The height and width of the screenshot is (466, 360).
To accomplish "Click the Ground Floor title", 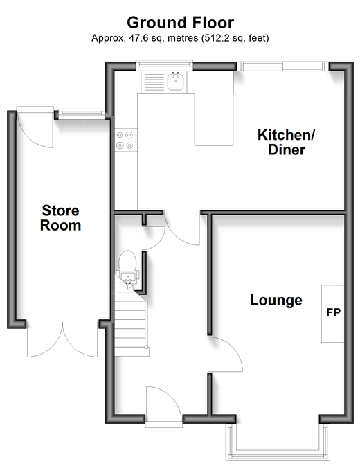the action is (x=180, y=23).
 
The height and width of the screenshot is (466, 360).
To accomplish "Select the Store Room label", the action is (x=61, y=218).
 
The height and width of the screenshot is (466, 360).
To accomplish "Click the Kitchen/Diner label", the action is (x=287, y=142).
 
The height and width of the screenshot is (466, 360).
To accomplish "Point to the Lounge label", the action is (x=276, y=301).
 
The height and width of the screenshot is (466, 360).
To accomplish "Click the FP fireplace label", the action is (x=333, y=312).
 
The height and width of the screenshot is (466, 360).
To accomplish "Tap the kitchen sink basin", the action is (x=175, y=81).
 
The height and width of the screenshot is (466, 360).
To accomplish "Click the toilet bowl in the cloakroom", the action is (x=127, y=260).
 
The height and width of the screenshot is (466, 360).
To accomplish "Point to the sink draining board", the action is (x=154, y=82).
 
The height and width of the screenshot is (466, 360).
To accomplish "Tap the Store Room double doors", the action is (x=62, y=339).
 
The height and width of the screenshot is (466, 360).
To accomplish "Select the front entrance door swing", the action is (x=163, y=404).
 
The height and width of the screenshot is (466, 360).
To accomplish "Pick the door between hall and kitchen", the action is (x=181, y=228).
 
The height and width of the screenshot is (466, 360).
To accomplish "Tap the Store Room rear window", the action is (x=82, y=114).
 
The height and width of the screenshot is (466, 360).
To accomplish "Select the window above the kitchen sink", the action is (x=164, y=66).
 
